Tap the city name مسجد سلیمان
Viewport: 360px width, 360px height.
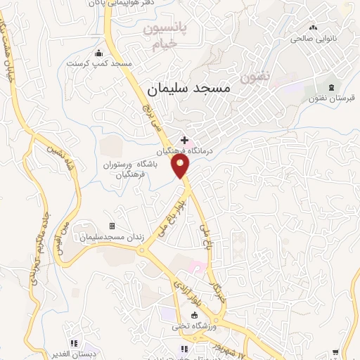190,89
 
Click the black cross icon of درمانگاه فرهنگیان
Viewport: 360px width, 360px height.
184,140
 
